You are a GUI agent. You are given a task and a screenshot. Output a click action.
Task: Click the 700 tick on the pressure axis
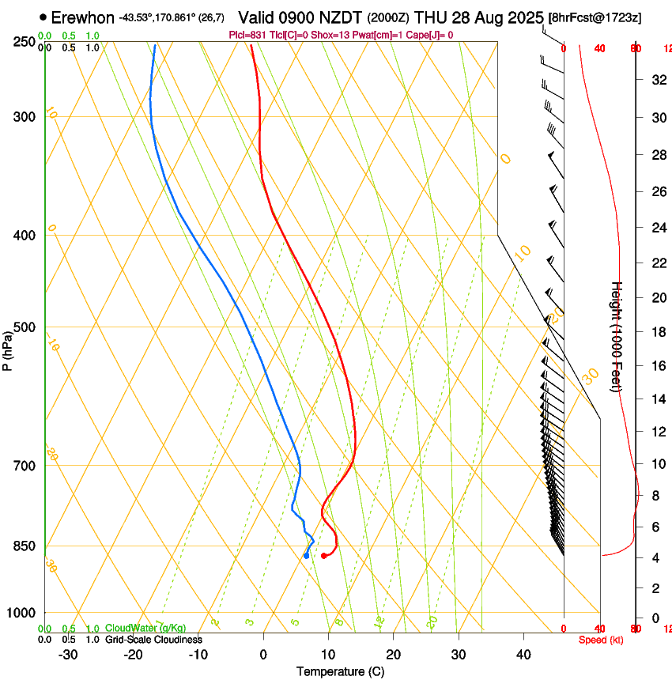pyautogui.click(x=23, y=466)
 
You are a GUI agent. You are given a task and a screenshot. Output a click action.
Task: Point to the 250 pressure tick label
pyautogui.click(x=23, y=42)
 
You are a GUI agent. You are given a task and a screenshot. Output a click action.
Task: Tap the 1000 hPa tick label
pyautogui.click(x=20, y=613)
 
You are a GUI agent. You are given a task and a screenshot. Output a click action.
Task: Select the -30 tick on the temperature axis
pyautogui.click(x=68, y=655)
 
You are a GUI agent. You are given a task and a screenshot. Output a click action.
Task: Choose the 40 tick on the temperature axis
pyautogui.click(x=523, y=655)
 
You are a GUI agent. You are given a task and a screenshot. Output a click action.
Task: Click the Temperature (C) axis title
pyautogui.click(x=340, y=671)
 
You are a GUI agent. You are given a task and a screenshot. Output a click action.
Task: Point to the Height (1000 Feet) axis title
pyautogui.click(x=617, y=337)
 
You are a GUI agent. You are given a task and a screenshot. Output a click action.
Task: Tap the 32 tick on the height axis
pyautogui.click(x=656, y=79)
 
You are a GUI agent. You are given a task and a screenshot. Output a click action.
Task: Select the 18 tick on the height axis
pyautogui.click(x=656, y=331)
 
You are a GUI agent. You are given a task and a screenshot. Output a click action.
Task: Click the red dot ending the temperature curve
pyautogui.click(x=324, y=556)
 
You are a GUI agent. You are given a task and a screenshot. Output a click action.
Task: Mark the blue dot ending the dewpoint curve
pyautogui.click(x=306, y=556)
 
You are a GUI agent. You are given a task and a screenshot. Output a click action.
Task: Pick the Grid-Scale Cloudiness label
pyautogui.click(x=153, y=640)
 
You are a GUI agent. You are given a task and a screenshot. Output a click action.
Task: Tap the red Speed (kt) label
pyautogui.click(x=601, y=640)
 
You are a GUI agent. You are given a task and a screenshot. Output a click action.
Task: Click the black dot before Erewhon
pyautogui.click(x=43, y=17)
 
